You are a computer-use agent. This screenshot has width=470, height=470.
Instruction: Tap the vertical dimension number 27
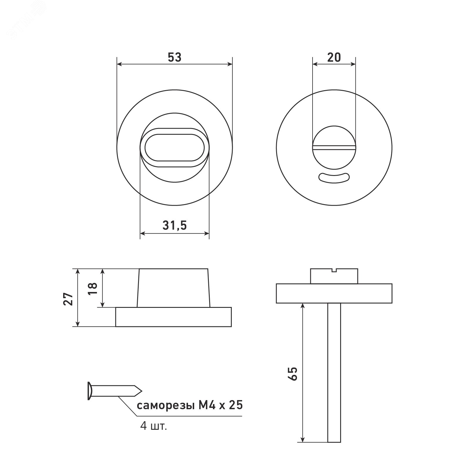tap(69, 299)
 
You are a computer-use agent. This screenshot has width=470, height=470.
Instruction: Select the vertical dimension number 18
tap(92, 289)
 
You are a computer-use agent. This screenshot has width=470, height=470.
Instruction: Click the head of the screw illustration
tap(90, 391)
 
